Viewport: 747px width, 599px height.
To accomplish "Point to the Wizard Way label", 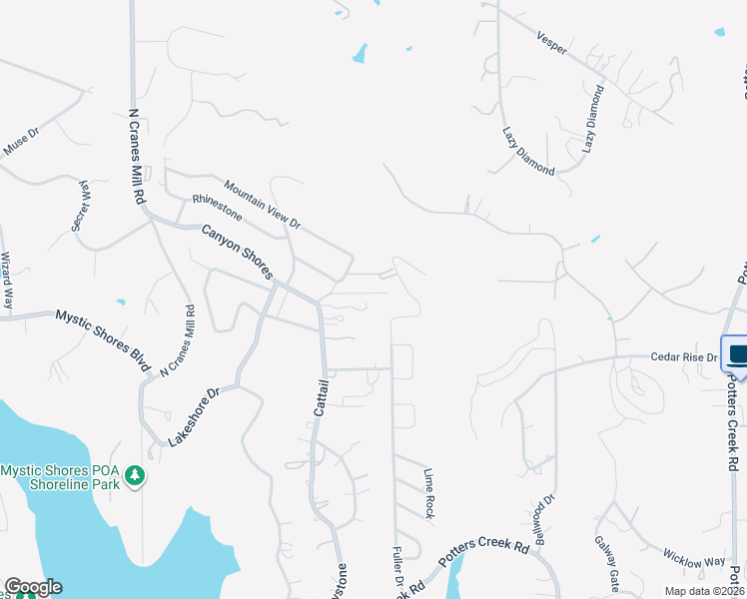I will coord(7,280).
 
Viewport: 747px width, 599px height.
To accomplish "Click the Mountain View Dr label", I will coord(263,204).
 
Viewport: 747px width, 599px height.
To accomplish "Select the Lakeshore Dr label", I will coord(193,417).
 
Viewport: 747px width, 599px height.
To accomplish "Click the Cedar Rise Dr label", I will coord(685,356).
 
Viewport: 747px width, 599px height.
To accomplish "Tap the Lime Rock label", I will coord(429,493).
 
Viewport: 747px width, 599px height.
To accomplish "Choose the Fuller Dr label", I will coord(396,564).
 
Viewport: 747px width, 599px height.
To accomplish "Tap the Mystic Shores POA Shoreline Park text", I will coord(60,477).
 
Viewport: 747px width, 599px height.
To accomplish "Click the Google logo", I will coord(33,587).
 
